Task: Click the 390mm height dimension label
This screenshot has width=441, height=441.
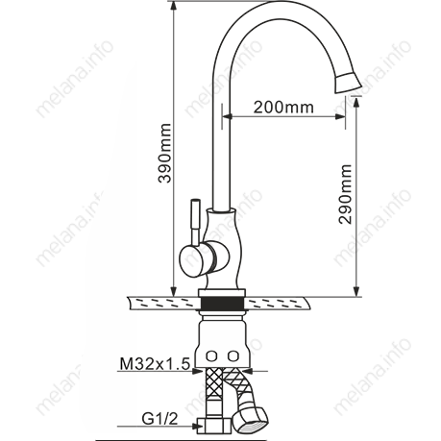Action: (165, 153)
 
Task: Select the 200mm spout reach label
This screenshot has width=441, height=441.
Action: (283, 108)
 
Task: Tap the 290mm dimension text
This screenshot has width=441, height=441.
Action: (345, 194)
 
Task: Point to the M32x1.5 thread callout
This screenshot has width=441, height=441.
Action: (155, 364)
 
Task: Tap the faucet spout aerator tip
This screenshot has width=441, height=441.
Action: (348, 83)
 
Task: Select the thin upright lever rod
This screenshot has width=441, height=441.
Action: (195, 222)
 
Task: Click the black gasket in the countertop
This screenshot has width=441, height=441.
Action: (223, 303)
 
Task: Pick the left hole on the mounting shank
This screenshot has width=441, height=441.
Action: (211, 355)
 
